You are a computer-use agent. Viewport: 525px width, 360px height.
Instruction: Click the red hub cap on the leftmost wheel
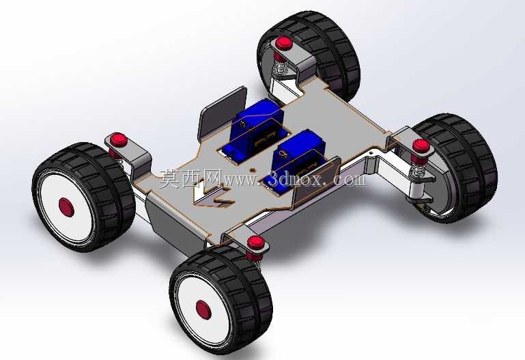[66, 207]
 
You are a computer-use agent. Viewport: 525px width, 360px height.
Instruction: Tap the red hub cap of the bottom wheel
[203, 309]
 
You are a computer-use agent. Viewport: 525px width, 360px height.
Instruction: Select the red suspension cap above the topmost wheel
[284, 43]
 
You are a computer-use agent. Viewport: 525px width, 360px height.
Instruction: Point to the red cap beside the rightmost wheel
[421, 146]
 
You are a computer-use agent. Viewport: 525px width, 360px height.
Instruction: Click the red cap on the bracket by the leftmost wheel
[119, 139]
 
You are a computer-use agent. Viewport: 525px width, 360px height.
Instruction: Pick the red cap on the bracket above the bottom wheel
[256, 243]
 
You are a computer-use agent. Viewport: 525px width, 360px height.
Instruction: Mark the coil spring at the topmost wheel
[281, 66]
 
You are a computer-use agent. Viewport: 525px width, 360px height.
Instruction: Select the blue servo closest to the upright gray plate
[257, 129]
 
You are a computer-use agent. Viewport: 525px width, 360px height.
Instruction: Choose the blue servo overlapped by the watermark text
[295, 157]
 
